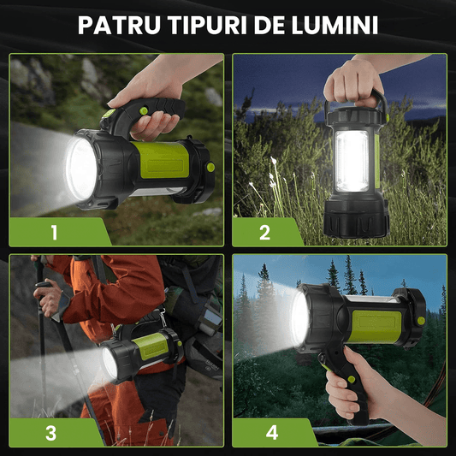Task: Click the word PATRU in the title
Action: tap(119, 25)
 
